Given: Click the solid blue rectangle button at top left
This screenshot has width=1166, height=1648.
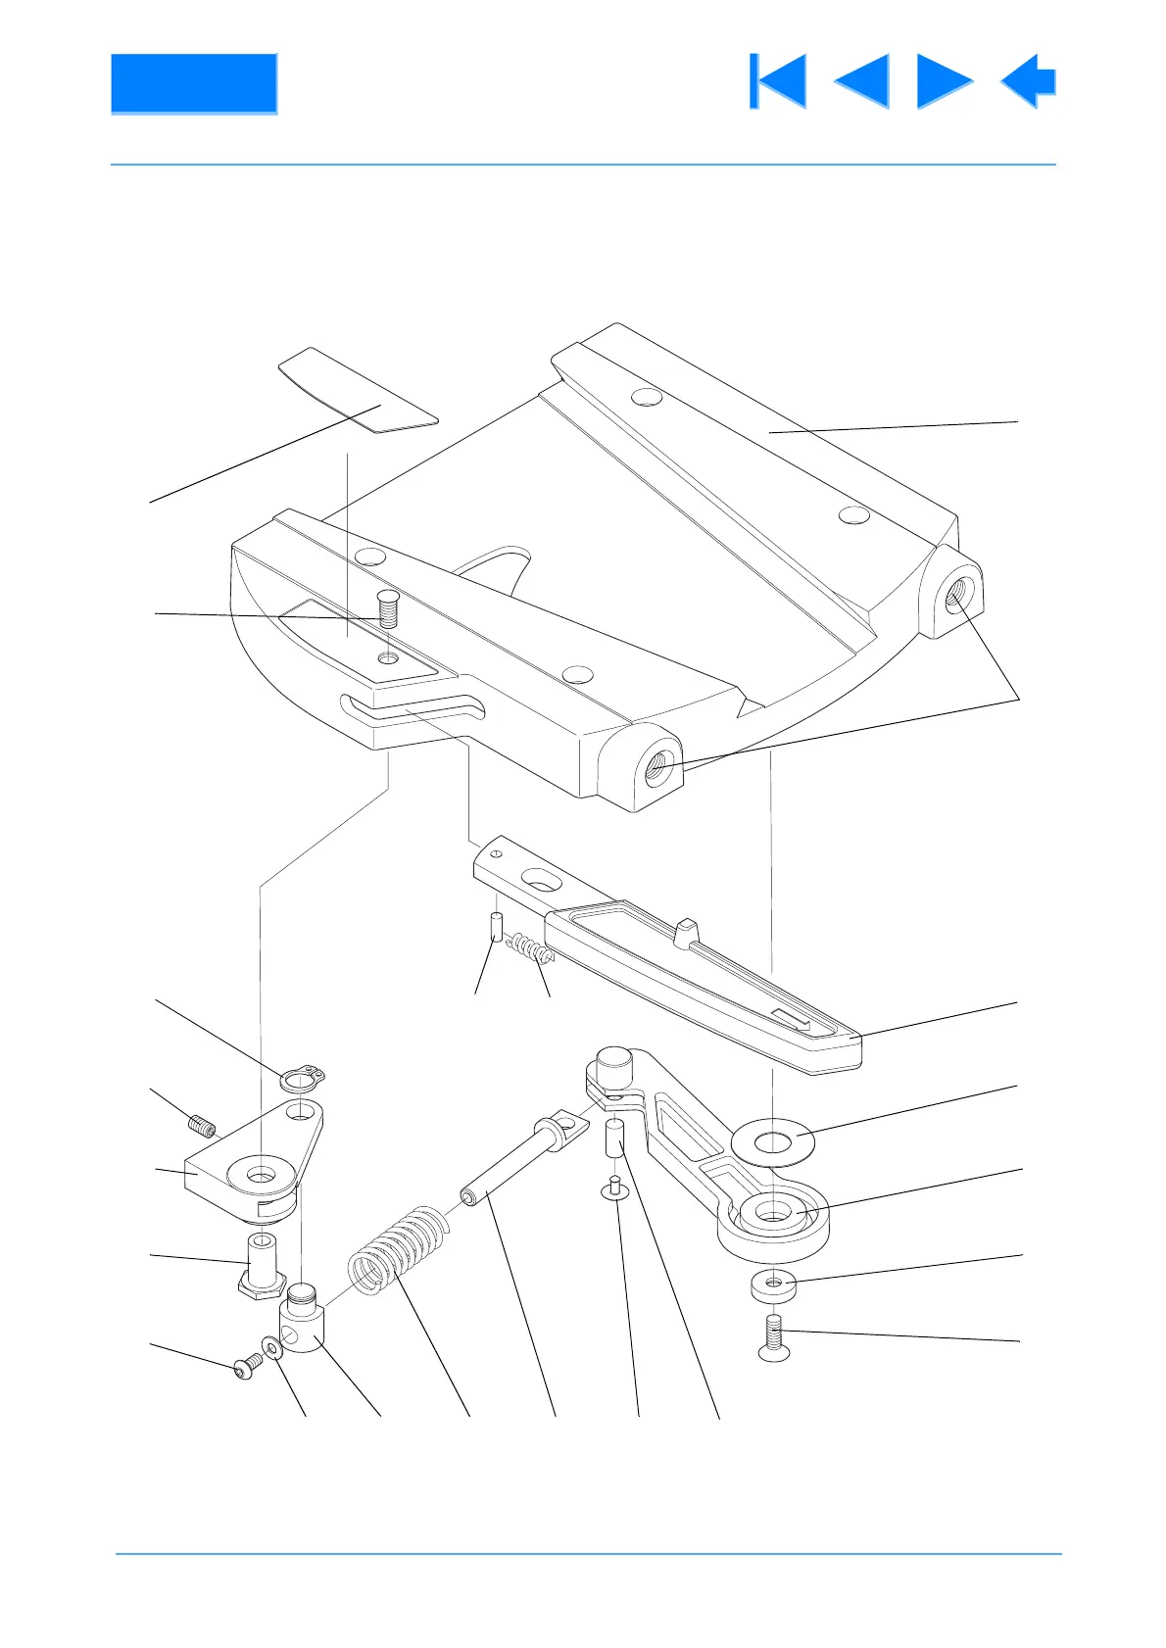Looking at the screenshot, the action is coord(193,83).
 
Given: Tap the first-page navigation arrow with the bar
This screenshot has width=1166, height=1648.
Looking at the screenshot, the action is coord(778,81).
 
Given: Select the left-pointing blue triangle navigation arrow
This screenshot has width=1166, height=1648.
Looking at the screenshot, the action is coord(862,81).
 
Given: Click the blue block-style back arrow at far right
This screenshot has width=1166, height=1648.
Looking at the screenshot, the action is coord(1029,81).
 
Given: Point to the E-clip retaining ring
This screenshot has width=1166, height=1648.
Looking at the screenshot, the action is coord(299,1080).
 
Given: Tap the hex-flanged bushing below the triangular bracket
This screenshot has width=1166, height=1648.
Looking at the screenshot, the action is coord(262,1266).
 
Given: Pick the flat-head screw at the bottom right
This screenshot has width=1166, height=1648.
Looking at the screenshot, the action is coord(774,1339).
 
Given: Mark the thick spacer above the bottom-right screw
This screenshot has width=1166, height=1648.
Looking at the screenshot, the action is coord(773,1285).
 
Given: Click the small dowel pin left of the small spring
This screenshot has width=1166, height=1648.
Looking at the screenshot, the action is coord(496,926).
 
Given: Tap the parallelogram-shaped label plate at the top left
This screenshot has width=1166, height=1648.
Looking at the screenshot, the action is coord(358,391).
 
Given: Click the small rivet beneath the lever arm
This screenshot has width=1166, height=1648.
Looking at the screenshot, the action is coord(614,1188).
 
